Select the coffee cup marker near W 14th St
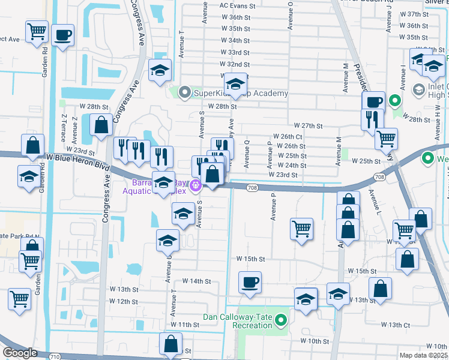coord(250,282)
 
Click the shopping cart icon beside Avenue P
coord(301,229)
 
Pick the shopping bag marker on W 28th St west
coord(101,125)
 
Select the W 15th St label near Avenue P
coord(250,259)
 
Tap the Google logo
coord(20,353)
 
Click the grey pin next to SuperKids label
coord(184,93)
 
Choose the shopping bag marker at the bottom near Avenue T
coord(170,344)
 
